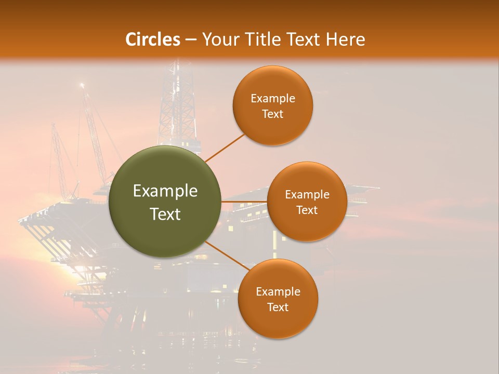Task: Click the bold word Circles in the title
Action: (x=152, y=39)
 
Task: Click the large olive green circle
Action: (x=165, y=202)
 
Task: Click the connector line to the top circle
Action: (x=225, y=148)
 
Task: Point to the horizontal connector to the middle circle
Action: (x=244, y=202)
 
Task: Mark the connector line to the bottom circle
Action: (x=227, y=257)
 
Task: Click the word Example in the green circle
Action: (x=165, y=191)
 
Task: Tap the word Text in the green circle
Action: (x=165, y=214)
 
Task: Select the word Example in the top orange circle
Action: (x=273, y=99)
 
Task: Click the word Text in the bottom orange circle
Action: (x=278, y=307)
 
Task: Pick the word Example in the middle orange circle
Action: (x=307, y=195)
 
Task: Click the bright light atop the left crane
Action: (x=82, y=85)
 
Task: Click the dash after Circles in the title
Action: (x=191, y=39)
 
